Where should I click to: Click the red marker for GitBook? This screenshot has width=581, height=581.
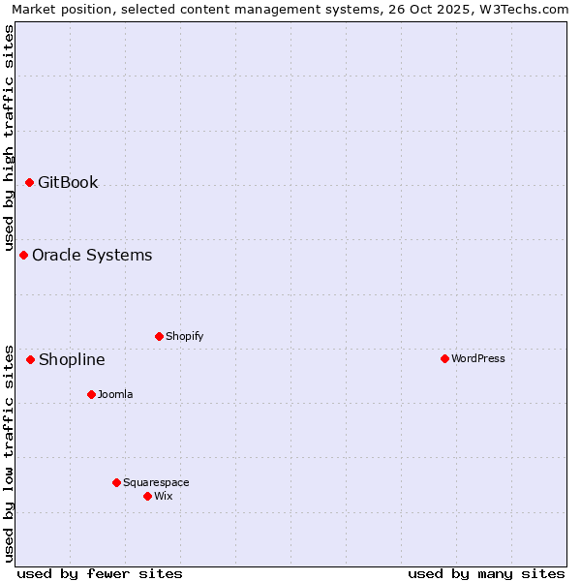(29, 182)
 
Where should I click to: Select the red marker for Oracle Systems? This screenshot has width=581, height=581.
(23, 255)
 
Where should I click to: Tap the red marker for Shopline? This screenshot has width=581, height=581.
(30, 359)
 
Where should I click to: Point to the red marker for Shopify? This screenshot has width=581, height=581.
(159, 336)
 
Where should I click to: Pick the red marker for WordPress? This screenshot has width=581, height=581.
(444, 358)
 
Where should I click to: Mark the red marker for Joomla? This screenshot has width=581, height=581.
(91, 394)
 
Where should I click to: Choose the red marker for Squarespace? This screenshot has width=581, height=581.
(116, 482)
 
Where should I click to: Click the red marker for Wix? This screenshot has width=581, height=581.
(147, 496)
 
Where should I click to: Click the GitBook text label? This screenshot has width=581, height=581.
(68, 182)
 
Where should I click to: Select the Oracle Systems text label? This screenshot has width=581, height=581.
(92, 255)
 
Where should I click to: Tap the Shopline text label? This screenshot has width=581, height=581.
(72, 359)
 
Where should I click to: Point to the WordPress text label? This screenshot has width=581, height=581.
(478, 358)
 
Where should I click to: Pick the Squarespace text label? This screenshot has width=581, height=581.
(156, 482)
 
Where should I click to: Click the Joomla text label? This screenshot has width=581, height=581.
(115, 394)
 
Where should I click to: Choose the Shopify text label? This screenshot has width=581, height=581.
(185, 336)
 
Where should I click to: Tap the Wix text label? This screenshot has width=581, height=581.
(164, 496)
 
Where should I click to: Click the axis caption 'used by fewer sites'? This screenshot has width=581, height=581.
(100, 573)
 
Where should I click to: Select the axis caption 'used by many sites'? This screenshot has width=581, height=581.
(486, 573)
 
